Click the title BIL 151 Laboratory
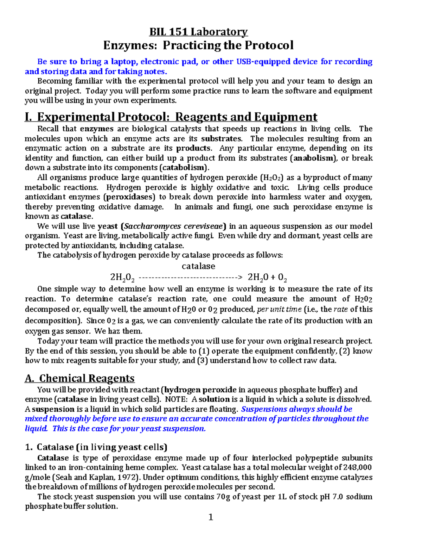(x=198, y=32)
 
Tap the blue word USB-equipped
(x=263, y=62)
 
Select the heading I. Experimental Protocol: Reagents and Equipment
(x=171, y=117)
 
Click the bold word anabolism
(x=313, y=158)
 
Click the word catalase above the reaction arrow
(x=198, y=266)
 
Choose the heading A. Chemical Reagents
(x=80, y=378)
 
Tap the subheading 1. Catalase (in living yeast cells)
(x=96, y=447)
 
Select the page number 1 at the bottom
(x=211, y=517)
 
